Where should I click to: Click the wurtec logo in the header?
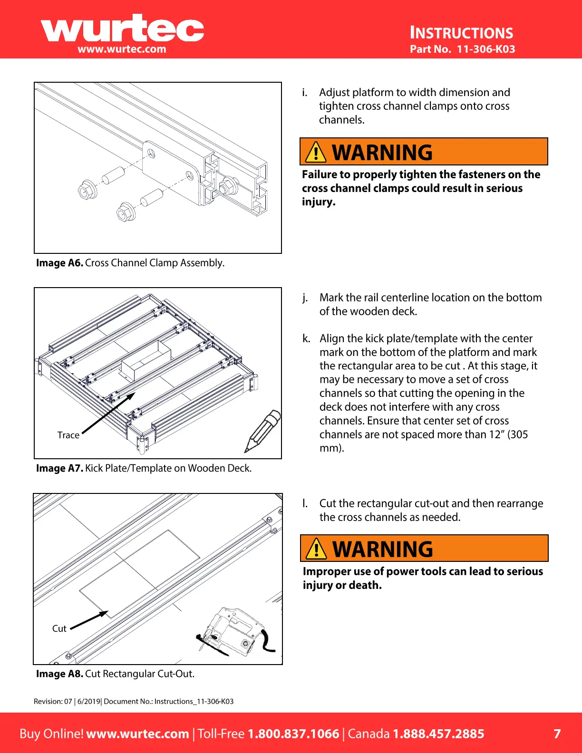coord(122,29)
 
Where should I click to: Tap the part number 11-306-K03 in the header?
coord(485,49)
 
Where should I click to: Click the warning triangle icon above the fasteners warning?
coord(315,152)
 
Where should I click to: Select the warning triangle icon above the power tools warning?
coord(316,549)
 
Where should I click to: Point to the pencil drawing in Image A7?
coord(262,431)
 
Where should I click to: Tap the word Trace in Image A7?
coord(68,435)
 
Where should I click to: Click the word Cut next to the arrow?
coord(59,628)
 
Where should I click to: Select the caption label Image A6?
coord(59,263)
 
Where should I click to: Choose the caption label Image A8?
coord(59,674)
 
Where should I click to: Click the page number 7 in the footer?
coord(557,734)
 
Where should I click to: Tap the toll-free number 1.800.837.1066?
coord(293,734)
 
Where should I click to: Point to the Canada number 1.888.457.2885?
coord(438,734)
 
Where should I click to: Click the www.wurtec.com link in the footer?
coord(138,734)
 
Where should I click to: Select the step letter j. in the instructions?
coord(305,298)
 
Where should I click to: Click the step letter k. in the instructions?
coord(306,338)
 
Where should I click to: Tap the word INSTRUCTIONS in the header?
coord(461,33)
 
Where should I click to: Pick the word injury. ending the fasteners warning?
coord(319,202)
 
